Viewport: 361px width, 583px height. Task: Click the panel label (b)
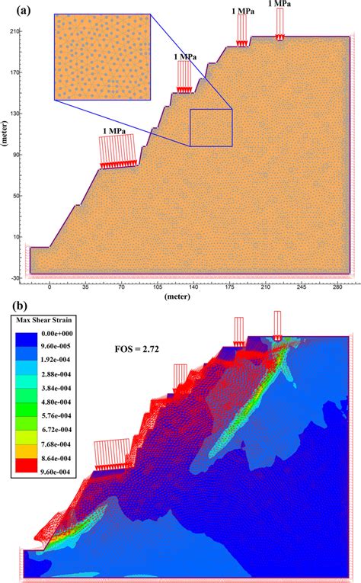pos(20,306)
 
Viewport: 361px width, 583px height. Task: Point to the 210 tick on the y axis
pos(15,31)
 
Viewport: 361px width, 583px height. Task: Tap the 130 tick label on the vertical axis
pos(15,114)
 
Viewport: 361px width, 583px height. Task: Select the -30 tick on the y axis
pos(14,277)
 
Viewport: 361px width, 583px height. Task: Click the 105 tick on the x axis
pos(158,287)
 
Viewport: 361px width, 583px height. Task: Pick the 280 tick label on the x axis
pos(338,287)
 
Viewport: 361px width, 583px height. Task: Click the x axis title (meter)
pos(177,296)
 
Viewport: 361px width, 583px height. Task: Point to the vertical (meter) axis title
pos(5,133)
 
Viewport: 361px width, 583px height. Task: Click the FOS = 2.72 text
pos(136,349)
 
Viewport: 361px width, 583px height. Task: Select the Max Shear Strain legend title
pos(44,320)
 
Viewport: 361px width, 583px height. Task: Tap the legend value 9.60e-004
pos(56,472)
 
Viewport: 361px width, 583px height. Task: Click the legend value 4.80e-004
pos(56,402)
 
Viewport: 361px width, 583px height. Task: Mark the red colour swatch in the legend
pos(26,466)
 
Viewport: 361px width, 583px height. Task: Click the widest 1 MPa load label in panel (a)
pos(114,131)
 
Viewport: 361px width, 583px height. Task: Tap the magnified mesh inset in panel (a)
pos(103,57)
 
